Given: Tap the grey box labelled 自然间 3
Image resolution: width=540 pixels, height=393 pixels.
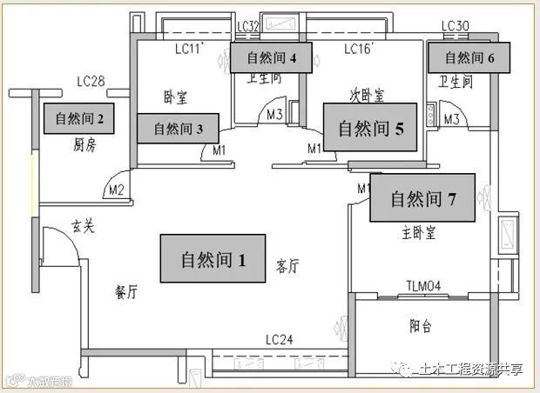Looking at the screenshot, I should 178,129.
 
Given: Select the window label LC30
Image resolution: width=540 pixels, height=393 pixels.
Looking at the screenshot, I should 456,26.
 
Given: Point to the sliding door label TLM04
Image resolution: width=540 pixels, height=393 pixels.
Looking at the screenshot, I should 424,287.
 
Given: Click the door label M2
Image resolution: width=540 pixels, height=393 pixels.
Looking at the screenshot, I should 116,190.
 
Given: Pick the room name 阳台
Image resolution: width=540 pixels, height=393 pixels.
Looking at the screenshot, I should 421,326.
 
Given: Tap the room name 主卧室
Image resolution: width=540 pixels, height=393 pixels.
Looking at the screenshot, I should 418,233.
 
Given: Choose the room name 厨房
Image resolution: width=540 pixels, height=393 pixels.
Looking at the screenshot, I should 84,148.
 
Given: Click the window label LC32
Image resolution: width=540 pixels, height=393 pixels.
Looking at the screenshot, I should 247,26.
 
